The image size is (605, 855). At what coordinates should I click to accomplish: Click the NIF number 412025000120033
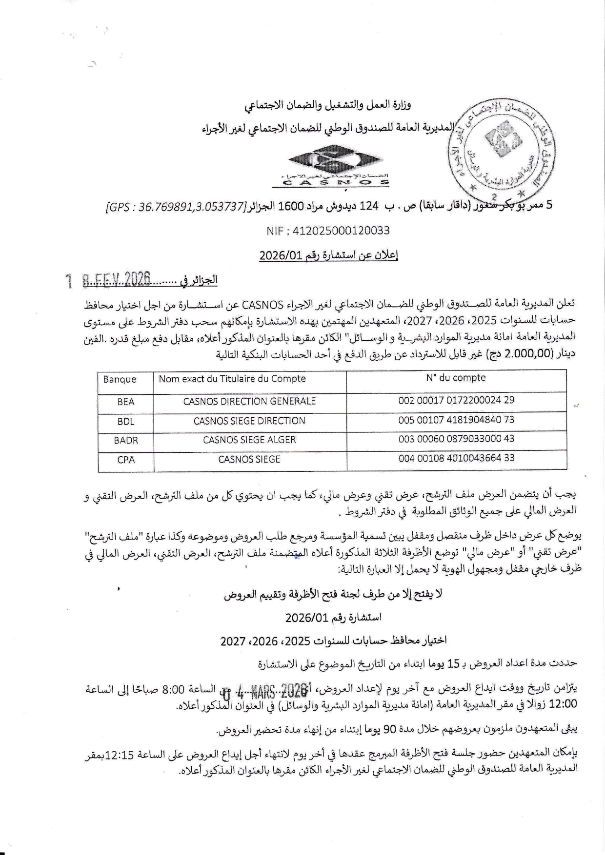(x=328, y=231)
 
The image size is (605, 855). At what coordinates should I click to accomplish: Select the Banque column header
(x=120, y=379)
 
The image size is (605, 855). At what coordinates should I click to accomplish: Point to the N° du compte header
(x=456, y=378)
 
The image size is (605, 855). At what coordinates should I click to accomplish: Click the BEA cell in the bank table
(x=126, y=402)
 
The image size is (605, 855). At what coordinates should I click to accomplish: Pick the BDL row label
(x=126, y=421)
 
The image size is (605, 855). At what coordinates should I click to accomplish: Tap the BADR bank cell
(x=126, y=440)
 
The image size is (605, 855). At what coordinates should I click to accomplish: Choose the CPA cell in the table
(x=126, y=460)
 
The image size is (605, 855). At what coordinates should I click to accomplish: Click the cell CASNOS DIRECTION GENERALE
(x=249, y=401)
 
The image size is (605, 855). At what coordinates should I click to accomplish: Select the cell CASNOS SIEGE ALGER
(x=249, y=440)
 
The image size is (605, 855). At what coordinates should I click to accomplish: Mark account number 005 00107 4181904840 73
(x=456, y=420)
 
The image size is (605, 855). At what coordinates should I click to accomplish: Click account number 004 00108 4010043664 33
(x=456, y=458)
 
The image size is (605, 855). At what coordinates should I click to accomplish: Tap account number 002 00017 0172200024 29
(x=456, y=400)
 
